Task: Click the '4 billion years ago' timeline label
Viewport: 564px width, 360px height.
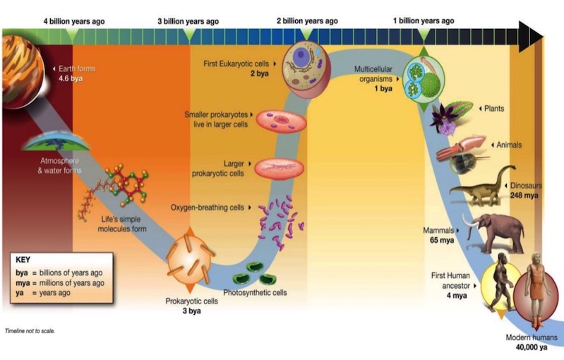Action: (75, 21)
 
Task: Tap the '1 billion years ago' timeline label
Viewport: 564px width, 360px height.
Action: (423, 21)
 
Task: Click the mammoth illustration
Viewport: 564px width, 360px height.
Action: (496, 232)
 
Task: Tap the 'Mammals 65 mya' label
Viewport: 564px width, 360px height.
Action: (440, 235)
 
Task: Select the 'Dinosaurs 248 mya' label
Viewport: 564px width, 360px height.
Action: (539, 190)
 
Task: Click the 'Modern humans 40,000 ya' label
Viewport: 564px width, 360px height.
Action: (529, 342)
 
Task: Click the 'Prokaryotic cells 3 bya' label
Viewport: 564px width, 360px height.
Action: (192, 306)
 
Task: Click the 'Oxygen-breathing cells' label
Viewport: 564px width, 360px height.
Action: (208, 208)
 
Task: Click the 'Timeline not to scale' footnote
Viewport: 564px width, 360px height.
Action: (30, 330)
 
